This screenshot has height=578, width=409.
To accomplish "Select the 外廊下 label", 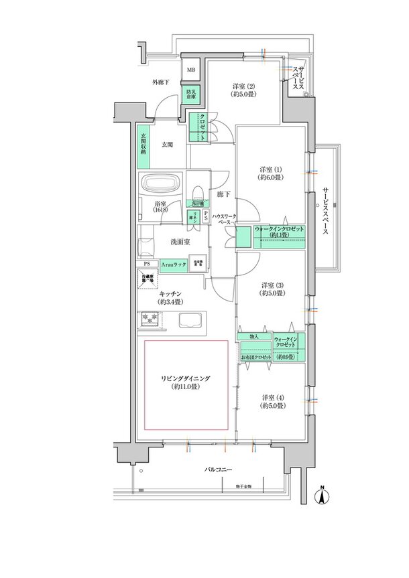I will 161,82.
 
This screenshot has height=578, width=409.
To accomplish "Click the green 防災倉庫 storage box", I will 192,94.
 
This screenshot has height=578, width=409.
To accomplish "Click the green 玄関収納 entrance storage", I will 143,145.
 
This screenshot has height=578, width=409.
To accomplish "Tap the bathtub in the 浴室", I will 160,184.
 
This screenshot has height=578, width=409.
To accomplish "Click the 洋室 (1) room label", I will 272,175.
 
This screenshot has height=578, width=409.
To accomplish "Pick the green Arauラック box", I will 173,265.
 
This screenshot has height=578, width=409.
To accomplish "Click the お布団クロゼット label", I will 256,358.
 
